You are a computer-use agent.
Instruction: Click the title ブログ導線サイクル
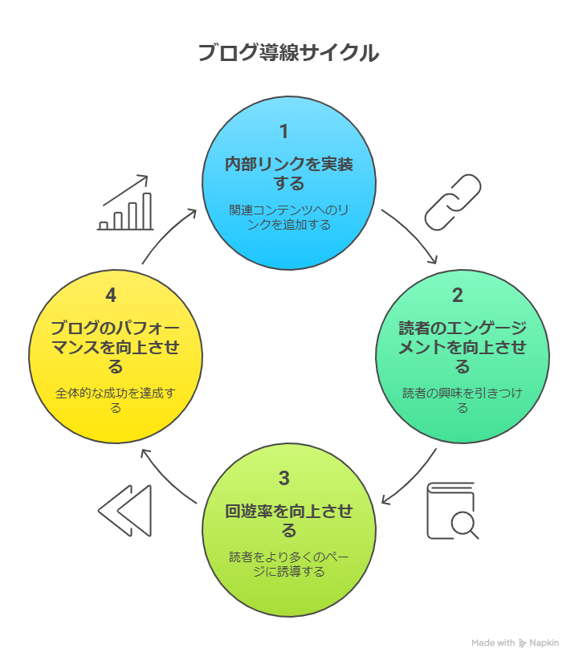288,54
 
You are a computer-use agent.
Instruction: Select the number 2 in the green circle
458,296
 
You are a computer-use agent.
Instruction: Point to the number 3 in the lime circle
283,479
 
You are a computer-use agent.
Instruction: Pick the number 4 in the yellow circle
111,296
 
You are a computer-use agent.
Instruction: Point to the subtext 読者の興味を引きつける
463,400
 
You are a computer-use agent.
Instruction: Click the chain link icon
452,202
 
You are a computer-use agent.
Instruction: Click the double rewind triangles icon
125,511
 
